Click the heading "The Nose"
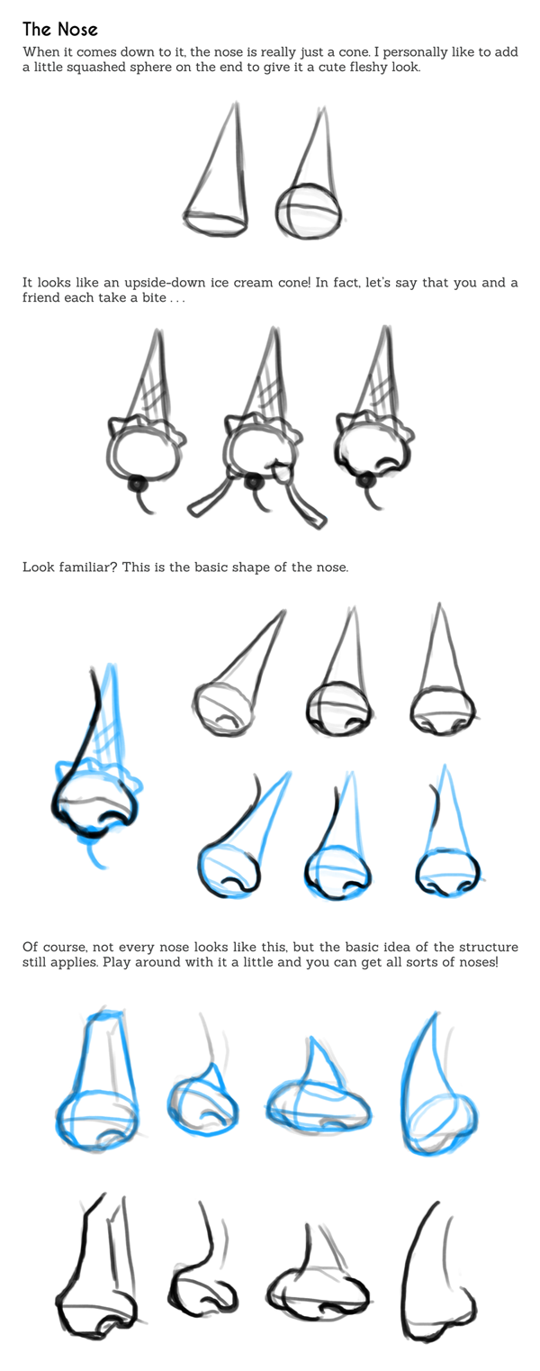(60, 30)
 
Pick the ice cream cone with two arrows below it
(256, 429)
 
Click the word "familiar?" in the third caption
(86, 567)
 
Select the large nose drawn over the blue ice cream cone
(96, 765)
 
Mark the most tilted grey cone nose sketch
(239, 673)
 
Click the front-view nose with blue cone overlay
(447, 831)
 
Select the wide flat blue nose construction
(318, 1089)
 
